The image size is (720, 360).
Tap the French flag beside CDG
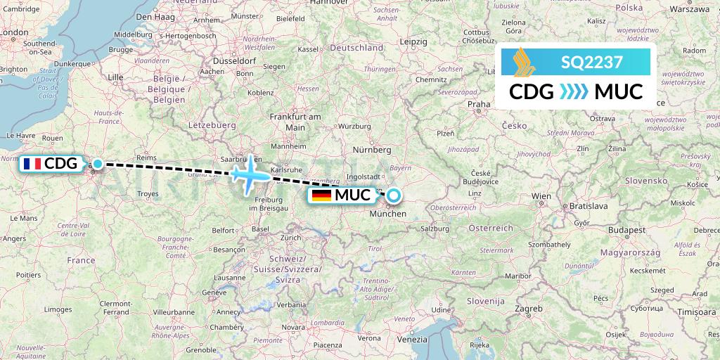pos(32,164)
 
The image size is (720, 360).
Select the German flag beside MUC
pos(323,195)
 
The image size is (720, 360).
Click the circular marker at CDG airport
pos(98,164)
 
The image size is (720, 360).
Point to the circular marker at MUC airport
pos(394,195)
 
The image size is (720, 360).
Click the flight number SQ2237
pos(591,63)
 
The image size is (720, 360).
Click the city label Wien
pos(541,195)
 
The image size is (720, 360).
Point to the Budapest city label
pos(627,230)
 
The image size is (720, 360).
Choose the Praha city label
pos(478,104)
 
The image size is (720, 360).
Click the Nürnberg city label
pos(373,150)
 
